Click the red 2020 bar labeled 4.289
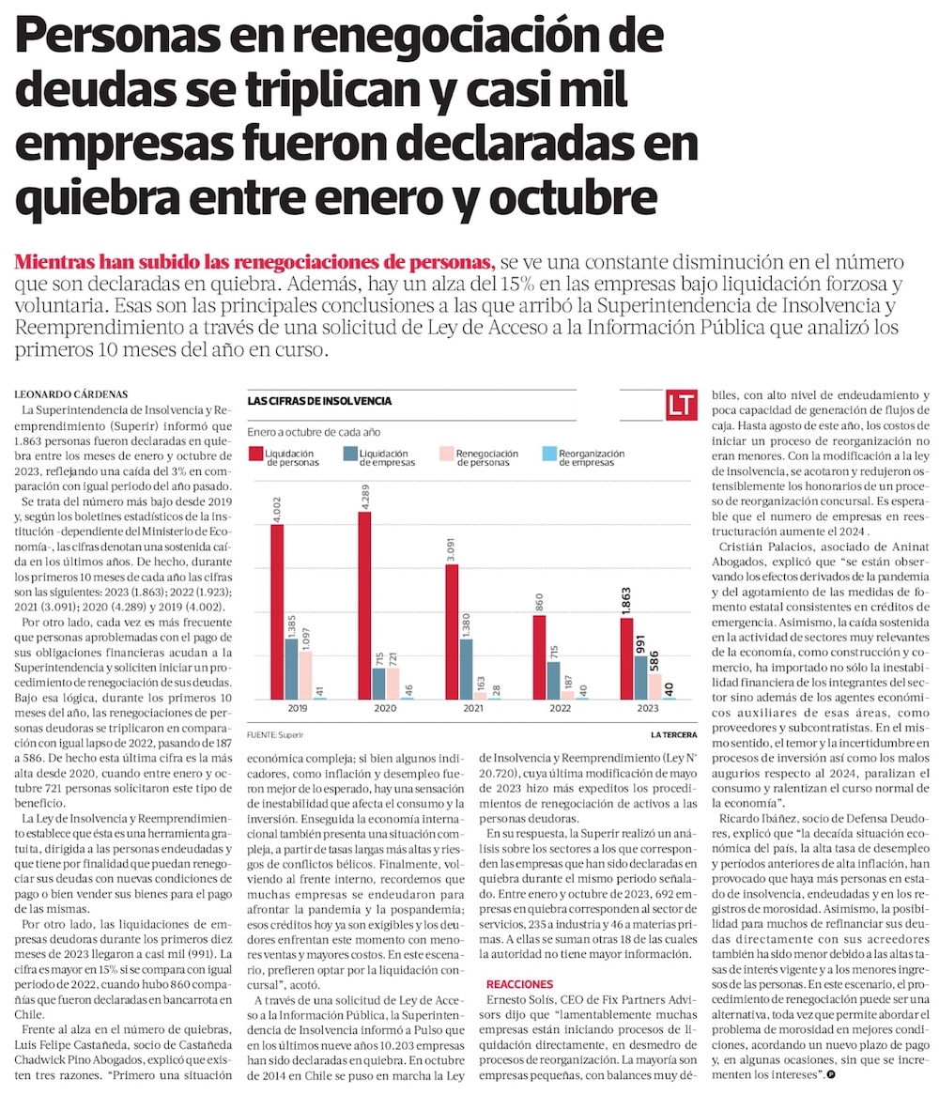click(x=363, y=606)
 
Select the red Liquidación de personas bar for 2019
click(x=277, y=611)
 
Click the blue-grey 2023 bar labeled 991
click(x=641, y=677)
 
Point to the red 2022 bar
click(x=539, y=656)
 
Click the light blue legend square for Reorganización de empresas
click(x=548, y=456)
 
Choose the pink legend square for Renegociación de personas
click(x=446, y=456)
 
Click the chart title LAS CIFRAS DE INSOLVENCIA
click(x=319, y=401)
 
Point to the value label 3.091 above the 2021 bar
click(x=452, y=545)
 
